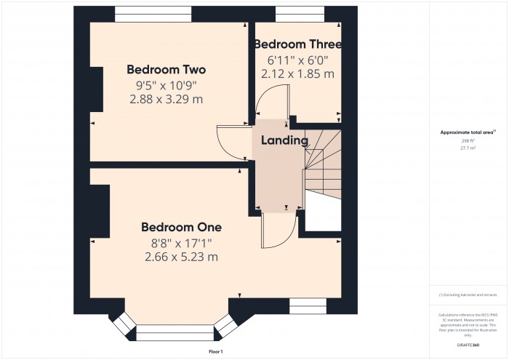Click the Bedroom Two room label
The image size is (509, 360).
point(166,70)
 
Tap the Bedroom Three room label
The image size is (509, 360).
point(297,44)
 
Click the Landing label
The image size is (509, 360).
point(284,140)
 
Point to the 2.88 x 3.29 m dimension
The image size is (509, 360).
point(166,100)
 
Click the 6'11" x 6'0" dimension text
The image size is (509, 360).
point(297,60)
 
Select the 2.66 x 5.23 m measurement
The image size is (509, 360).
point(181,257)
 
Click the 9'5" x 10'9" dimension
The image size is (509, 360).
point(166,85)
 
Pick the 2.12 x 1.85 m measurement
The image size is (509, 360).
point(297,73)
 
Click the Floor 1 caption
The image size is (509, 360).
point(215,351)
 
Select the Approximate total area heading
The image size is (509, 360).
point(468,132)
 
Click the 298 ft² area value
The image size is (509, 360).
point(468,140)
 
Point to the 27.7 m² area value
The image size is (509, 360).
point(468,148)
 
